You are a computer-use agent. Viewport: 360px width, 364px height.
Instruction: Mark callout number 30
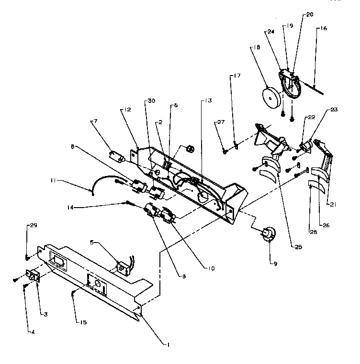tap(151, 101)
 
